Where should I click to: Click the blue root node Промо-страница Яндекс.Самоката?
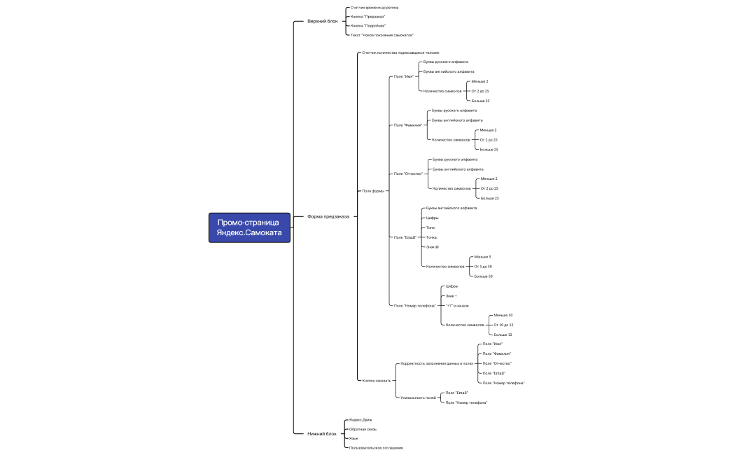click(x=248, y=227)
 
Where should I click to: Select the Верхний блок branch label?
click(x=322, y=21)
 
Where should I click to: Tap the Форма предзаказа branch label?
click(x=328, y=216)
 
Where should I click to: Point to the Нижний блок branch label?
click(x=322, y=433)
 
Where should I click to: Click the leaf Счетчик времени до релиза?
click(x=374, y=8)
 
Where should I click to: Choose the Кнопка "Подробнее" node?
click(x=368, y=26)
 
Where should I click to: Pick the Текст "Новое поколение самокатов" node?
click(x=382, y=35)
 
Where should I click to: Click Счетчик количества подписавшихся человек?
click(x=400, y=52)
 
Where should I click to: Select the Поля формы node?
click(x=372, y=190)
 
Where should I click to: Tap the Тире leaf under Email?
click(x=430, y=227)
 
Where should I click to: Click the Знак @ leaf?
click(x=433, y=247)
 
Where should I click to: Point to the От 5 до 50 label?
click(x=483, y=267)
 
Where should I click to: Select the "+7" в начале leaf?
click(x=457, y=306)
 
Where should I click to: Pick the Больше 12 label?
click(x=503, y=335)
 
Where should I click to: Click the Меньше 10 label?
click(x=503, y=315)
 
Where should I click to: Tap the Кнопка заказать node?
click(x=377, y=380)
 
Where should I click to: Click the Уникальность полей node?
click(x=418, y=398)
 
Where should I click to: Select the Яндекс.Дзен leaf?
click(x=361, y=420)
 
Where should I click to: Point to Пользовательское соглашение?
click(x=377, y=447)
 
